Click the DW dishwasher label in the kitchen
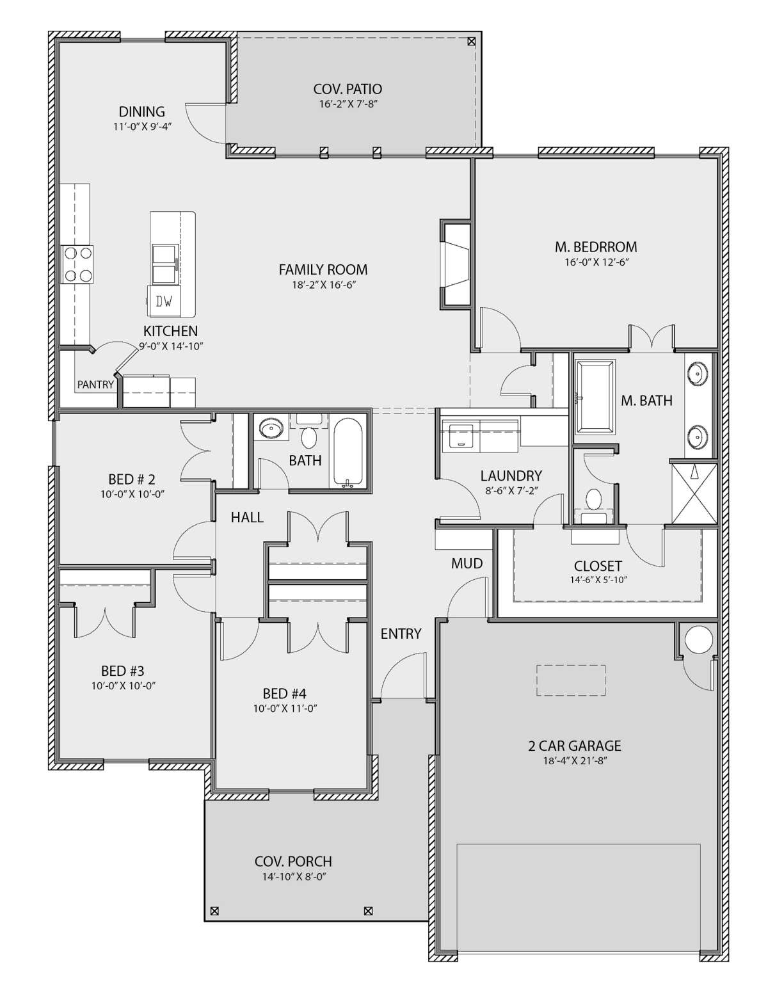(x=164, y=302)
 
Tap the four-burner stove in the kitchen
(x=77, y=264)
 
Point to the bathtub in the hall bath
(x=348, y=452)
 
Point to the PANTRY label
(x=95, y=385)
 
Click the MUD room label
(x=467, y=563)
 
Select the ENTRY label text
(x=401, y=634)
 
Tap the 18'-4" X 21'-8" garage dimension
(x=574, y=761)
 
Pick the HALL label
(x=247, y=517)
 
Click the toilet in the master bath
(x=594, y=500)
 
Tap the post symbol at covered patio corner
(x=472, y=42)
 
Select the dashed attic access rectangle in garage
(x=571, y=680)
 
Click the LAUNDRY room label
(x=511, y=476)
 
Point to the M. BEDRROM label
(x=596, y=246)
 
